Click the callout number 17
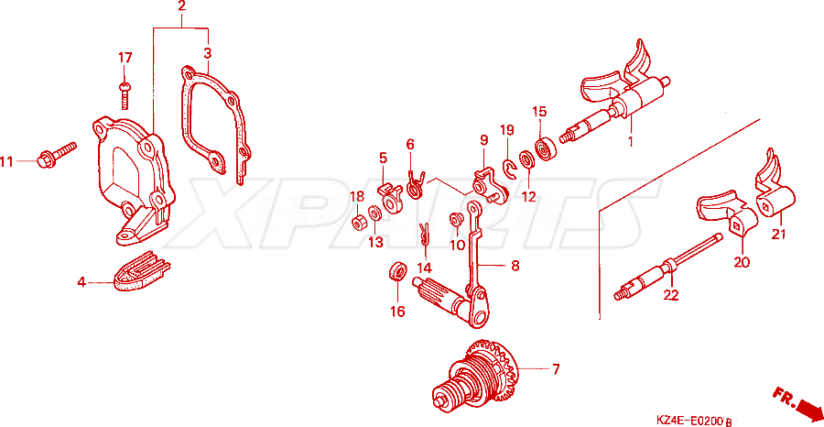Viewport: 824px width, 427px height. pos(125,58)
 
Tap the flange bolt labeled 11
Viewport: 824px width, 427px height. pos(57,152)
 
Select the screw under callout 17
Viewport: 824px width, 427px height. pos(125,95)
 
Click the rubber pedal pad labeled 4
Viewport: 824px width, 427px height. pos(141,270)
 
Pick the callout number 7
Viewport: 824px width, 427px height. pos(556,368)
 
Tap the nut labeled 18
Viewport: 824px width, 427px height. pos(358,223)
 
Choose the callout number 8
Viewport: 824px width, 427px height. pos(515,266)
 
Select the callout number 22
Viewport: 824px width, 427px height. pos(671,295)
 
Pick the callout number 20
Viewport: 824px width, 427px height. pos(742,261)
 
